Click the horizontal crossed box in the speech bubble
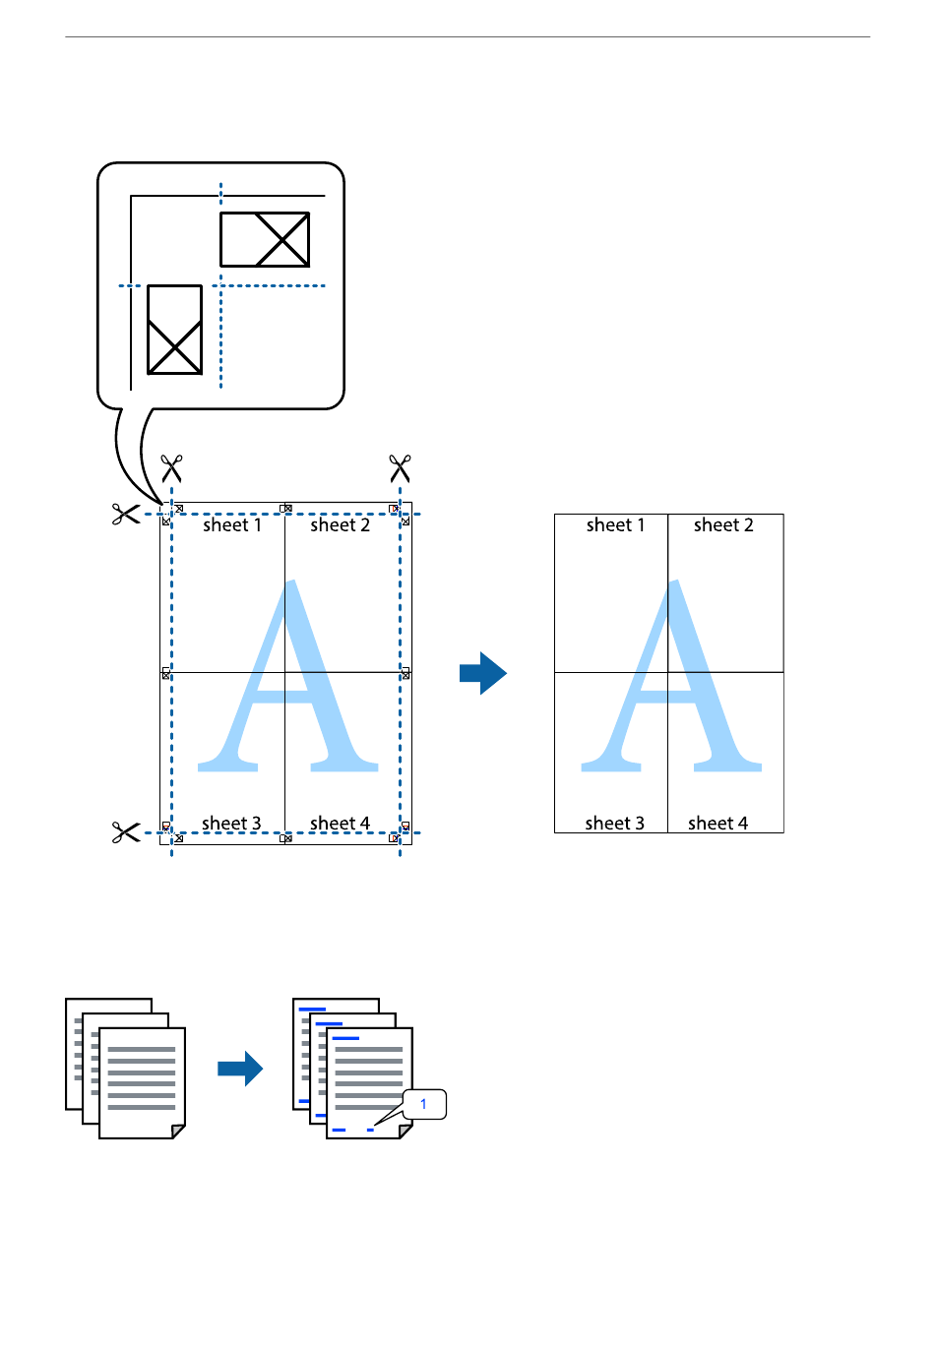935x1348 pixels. pos(265,239)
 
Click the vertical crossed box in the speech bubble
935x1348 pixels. pos(175,330)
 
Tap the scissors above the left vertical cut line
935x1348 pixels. pos(172,467)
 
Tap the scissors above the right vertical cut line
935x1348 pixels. pos(400,467)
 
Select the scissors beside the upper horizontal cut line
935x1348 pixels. pos(126,514)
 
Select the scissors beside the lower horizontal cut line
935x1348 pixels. pos(126,832)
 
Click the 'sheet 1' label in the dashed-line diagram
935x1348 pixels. pos(232,525)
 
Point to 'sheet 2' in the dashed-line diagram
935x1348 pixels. pos(340,525)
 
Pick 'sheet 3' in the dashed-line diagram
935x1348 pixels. pos(231,824)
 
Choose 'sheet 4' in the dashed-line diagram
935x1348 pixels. pos(340,824)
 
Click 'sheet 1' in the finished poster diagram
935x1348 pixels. pos(615,525)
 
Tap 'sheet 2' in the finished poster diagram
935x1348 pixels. pos(723,525)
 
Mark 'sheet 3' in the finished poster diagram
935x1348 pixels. pos(614,824)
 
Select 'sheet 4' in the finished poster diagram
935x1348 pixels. pos(717,824)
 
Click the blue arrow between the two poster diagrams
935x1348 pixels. pos(483,674)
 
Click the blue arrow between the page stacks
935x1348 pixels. pos(240,1069)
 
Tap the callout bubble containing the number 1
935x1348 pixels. pos(425,1104)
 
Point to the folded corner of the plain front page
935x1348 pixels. pos(179,1132)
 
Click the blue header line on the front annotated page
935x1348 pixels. pos(345,1038)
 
